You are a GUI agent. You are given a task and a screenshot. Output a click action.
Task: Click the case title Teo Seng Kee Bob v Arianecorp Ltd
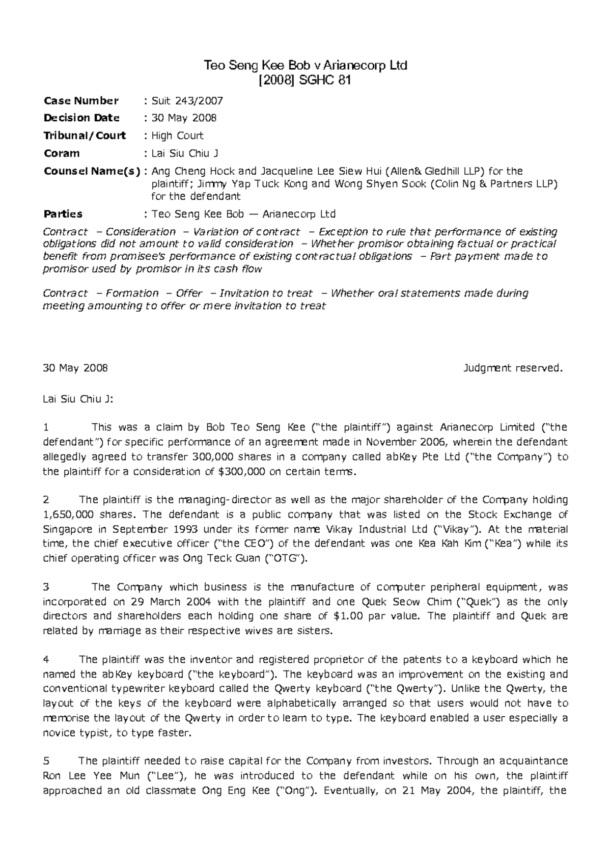pyautogui.click(x=305, y=65)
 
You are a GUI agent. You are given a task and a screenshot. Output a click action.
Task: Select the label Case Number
pyautogui.click(x=81, y=101)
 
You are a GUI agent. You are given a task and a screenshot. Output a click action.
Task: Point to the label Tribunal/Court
pyautogui.click(x=85, y=136)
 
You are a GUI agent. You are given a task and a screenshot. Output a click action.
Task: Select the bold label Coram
pyautogui.click(x=62, y=153)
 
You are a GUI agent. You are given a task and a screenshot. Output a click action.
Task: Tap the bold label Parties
pyautogui.click(x=63, y=214)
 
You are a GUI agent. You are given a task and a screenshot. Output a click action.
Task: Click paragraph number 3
pyautogui.click(x=47, y=587)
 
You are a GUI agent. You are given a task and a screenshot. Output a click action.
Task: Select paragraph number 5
pyautogui.click(x=47, y=761)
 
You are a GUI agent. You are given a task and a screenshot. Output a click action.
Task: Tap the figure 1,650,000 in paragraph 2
pyautogui.click(x=68, y=515)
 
